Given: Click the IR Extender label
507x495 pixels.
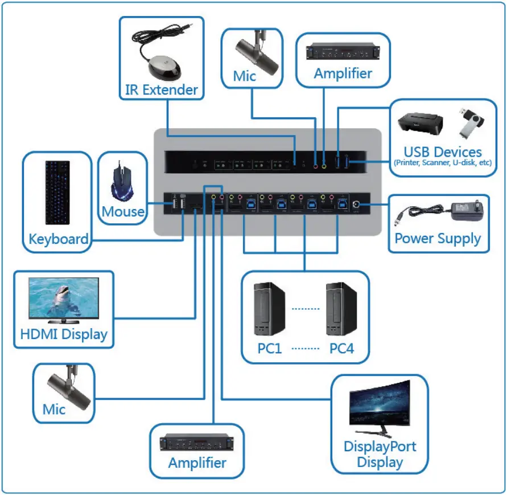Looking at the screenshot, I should pos(161,89).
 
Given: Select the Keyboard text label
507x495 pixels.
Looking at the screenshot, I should pos(59,239).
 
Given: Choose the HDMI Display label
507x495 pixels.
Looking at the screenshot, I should pos(64,334).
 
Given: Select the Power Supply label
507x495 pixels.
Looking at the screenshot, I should pos(438,238).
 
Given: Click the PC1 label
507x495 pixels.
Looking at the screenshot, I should pos(270,348).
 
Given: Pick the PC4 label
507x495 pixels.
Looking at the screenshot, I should pos(341,348).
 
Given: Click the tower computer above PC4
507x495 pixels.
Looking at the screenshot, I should pos(341,310).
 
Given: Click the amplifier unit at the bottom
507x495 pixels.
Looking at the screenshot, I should pos(197,443).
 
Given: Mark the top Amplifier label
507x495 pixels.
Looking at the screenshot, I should pos(343,73).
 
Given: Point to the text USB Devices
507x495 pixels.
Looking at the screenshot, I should pos(443,152).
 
